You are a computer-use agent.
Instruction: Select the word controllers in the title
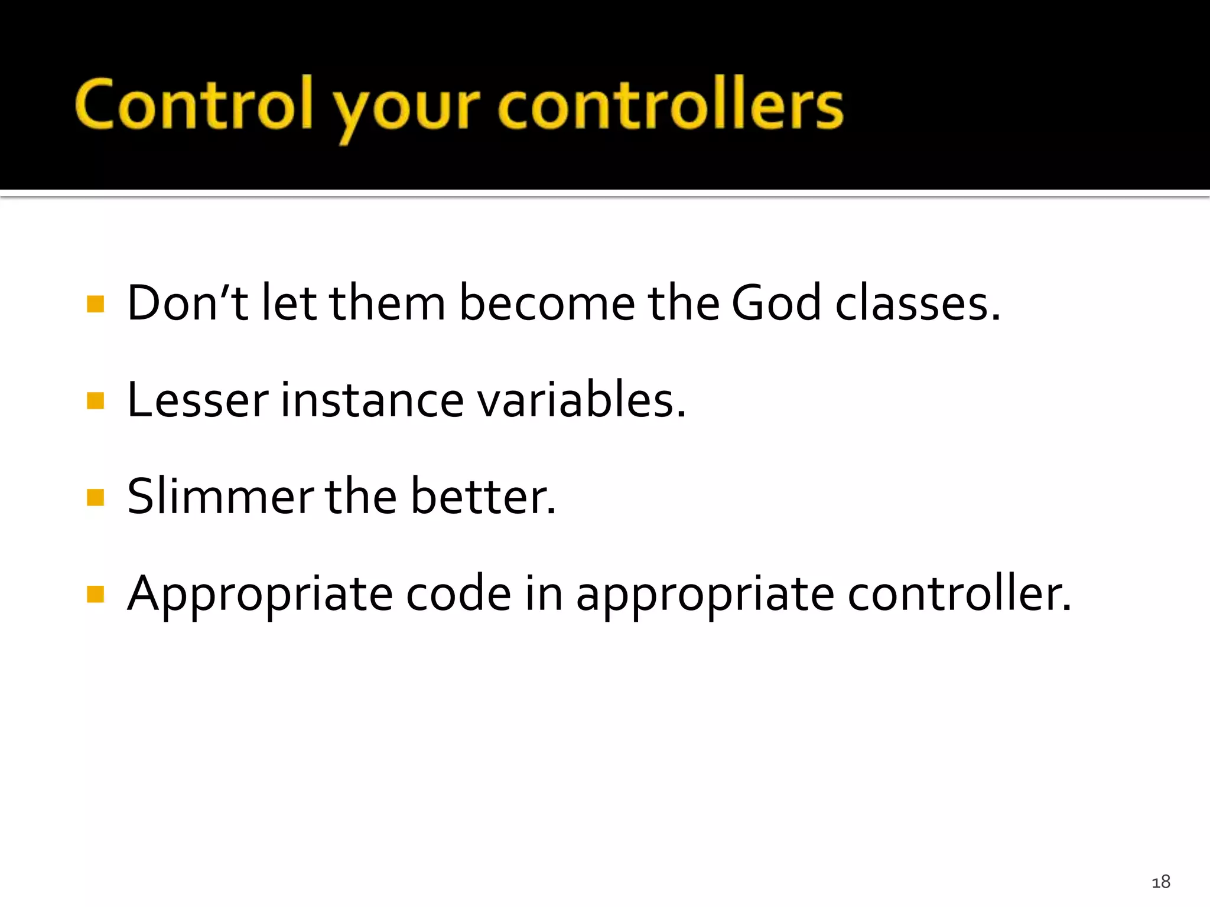[x=671, y=105]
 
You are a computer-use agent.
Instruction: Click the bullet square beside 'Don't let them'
[x=95, y=304]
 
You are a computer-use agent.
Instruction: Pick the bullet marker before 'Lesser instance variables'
[x=95, y=401]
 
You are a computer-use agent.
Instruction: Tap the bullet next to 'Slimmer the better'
[x=95, y=497]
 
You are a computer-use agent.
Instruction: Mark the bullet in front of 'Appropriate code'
[x=95, y=594]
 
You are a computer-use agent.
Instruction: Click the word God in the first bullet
[x=776, y=303]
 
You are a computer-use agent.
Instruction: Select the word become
[x=547, y=303]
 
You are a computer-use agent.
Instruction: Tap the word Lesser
[x=197, y=400]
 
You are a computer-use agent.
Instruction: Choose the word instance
[x=372, y=400]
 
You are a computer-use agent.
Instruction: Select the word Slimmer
[x=220, y=497]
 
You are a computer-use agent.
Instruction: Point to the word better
[x=482, y=497]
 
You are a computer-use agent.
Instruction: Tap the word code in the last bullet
[x=458, y=593]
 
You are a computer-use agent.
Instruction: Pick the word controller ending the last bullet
[x=958, y=593]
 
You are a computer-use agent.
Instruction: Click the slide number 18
[x=1160, y=882]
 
